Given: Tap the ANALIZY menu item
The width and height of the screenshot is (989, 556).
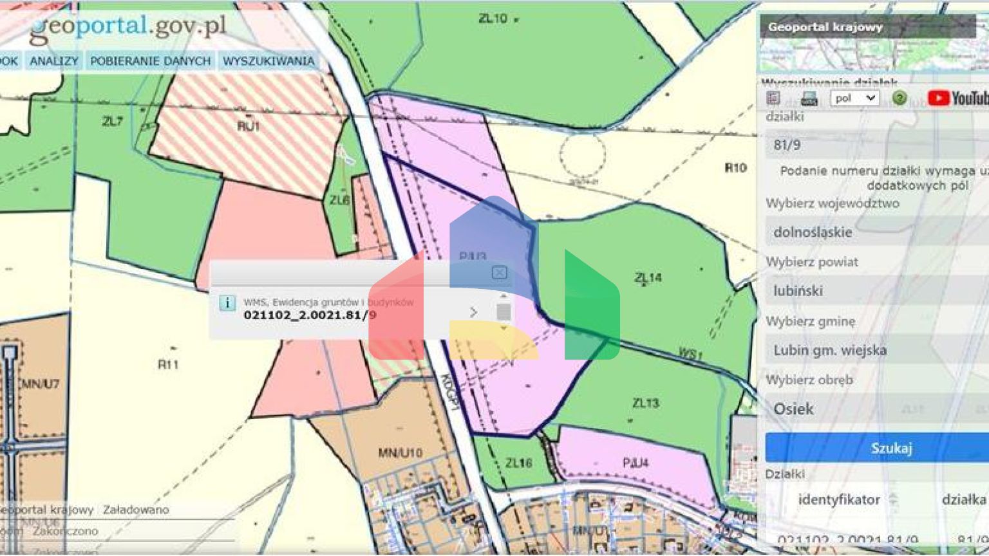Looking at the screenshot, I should pos(54,61).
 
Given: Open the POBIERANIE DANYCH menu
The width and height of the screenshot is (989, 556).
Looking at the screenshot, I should pos(151,61).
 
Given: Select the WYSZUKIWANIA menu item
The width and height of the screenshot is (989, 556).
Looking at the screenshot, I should pos(268,61).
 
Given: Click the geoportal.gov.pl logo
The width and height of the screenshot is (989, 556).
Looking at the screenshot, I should pos(129,28).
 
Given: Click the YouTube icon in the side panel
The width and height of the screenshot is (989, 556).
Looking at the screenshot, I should pos(957,98).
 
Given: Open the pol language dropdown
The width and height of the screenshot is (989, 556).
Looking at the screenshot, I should pos(854,98).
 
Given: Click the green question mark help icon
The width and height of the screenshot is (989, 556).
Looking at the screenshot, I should pos(900,98).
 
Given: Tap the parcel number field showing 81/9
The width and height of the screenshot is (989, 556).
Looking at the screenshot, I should pos(876,145).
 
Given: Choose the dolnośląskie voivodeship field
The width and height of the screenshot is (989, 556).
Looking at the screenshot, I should pos(876,232).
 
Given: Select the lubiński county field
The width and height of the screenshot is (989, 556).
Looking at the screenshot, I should pos(876,291).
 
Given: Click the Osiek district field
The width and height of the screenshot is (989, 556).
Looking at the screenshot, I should pos(876,409).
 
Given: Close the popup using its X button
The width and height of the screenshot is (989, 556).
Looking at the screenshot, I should pos(499,272).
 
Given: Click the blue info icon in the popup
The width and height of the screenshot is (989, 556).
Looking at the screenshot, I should pos(227,302).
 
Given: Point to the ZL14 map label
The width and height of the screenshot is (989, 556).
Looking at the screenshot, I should pos(648,277).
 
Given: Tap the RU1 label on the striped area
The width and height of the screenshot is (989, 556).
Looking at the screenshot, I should pos(249,126).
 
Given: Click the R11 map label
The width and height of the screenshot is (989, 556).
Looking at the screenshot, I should pos(168,365).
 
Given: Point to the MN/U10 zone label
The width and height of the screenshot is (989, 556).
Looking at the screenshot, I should pos(400,453).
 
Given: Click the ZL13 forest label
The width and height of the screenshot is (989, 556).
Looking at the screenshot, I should pos(645,403).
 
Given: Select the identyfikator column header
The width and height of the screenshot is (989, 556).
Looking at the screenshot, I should pos(838,500).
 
